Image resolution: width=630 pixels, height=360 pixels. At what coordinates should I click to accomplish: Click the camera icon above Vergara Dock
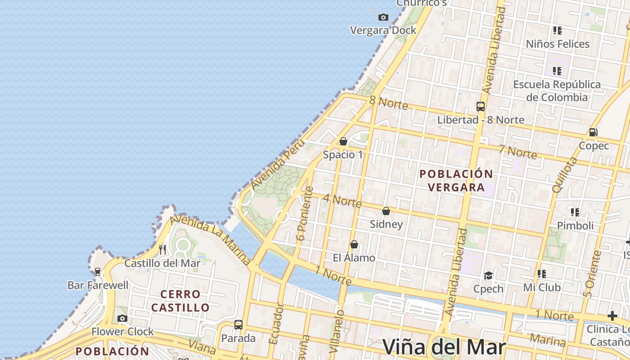click(383, 18)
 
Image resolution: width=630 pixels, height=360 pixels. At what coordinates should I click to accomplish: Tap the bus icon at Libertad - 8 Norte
click(481, 107)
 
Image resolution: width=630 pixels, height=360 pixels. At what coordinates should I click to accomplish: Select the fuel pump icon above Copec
click(594, 132)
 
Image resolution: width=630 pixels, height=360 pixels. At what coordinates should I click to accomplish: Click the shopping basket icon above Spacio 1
click(343, 142)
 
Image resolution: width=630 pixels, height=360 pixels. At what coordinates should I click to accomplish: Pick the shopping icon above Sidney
click(386, 211)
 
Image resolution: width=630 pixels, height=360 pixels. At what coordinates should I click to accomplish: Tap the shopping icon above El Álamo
click(354, 245)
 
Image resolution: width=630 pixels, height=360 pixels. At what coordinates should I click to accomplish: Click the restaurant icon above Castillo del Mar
click(162, 250)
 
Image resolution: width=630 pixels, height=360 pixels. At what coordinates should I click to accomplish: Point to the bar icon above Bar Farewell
click(98, 272)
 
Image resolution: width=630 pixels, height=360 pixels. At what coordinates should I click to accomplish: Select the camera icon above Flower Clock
click(122, 319)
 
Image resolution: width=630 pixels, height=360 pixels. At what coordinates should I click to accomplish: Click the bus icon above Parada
click(238, 325)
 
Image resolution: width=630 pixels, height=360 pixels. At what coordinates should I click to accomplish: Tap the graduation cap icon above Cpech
click(488, 275)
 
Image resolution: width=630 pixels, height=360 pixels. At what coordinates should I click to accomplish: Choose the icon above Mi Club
click(542, 274)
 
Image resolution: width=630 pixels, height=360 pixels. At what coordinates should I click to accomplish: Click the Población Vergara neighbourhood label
click(456, 180)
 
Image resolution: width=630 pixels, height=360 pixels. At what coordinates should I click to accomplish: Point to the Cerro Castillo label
click(180, 301)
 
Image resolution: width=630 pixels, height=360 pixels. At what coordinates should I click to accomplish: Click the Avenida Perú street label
click(277, 165)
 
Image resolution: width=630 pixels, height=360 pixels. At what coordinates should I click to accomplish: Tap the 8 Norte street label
click(388, 103)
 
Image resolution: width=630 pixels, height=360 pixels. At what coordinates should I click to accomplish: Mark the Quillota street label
click(564, 175)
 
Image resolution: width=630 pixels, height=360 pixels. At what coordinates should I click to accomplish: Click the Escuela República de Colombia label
click(557, 91)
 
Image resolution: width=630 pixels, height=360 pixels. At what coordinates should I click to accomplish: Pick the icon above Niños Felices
click(558, 31)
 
